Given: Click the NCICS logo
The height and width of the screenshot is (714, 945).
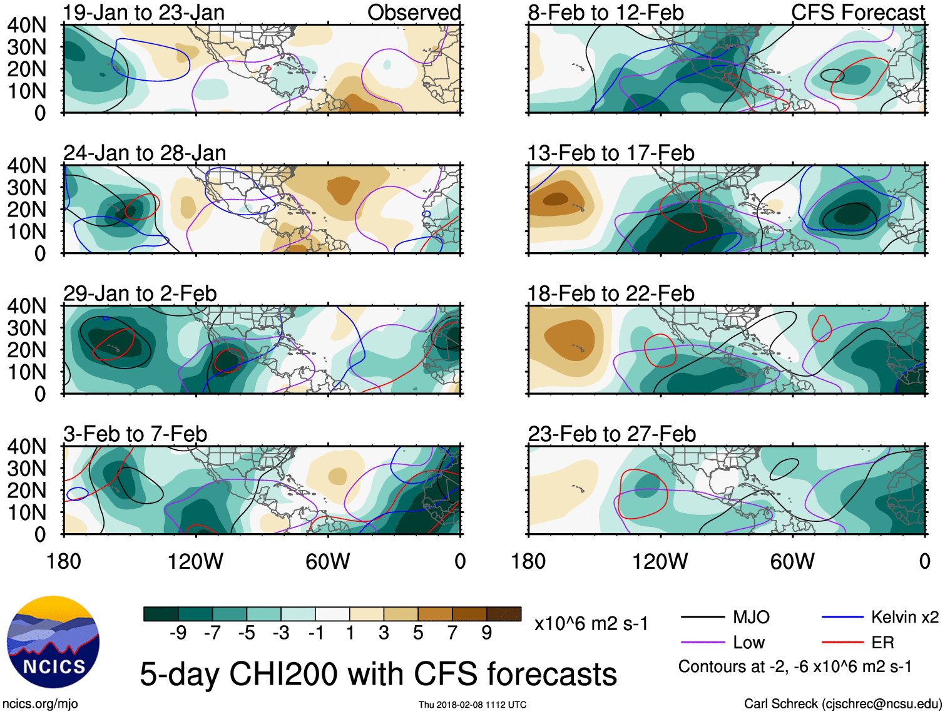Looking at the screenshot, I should coord(53,642).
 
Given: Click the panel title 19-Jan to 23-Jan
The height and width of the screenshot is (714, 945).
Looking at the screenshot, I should coord(144,13).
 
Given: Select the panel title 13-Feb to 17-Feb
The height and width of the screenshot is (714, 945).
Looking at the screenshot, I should coord(611,153).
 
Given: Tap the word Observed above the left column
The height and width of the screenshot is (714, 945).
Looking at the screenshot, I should coord(414,13).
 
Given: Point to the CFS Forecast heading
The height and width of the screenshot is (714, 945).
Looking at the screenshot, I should coord(858,13).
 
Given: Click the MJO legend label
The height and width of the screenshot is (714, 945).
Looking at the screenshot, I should coord(751,618).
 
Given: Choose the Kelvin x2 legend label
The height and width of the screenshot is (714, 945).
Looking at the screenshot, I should coord(904,618).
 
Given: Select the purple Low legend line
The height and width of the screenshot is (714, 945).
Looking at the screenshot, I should coord(703,642).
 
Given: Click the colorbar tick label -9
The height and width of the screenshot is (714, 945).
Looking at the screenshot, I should coord(178,633).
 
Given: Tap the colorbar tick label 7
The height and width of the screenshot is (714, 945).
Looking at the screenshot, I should coord(452,633).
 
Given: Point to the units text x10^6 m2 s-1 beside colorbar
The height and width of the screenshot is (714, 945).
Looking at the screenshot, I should coord(591,624).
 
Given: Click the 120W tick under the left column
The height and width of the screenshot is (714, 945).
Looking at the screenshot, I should coord(195,561).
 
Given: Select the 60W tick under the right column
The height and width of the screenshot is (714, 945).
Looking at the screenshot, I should coord(792,561).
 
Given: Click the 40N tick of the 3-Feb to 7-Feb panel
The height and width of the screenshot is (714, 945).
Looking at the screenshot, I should coord(27,447).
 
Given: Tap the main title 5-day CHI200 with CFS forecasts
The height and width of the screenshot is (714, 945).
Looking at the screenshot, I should coord(378,675).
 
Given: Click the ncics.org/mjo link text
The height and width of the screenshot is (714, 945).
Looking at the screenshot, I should coord(40,704).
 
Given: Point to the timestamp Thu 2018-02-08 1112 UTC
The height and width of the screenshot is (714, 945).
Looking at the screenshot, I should coord(472,705).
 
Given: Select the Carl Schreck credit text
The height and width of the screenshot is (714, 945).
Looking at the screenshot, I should coord(842,704).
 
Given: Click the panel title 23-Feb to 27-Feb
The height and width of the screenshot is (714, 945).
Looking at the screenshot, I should coord(611,434).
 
